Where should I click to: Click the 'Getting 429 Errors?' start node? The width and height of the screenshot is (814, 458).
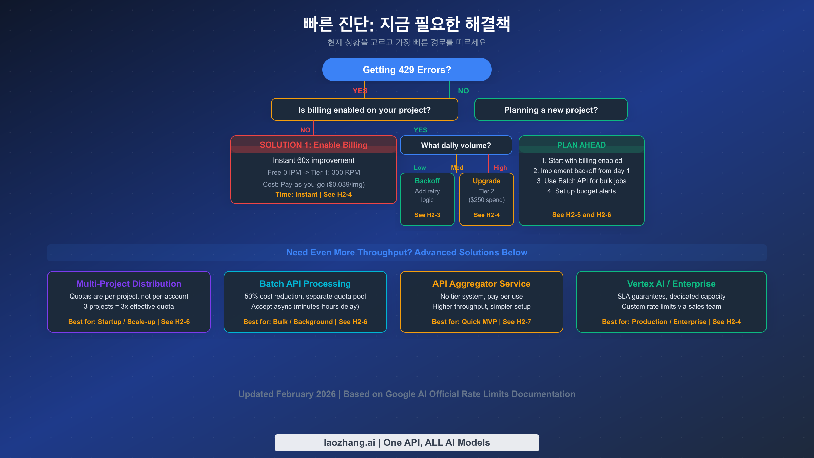(407, 70)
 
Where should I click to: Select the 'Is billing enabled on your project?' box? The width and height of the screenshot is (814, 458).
(364, 110)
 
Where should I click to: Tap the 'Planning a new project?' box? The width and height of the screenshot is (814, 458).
(551, 110)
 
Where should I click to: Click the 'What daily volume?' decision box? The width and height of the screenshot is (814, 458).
(456, 145)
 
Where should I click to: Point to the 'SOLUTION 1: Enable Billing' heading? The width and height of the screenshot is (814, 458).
(313, 145)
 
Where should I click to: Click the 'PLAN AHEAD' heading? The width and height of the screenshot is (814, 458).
(581, 145)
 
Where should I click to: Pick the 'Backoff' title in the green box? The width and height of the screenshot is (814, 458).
(427, 181)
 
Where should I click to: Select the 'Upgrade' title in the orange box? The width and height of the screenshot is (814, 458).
(486, 181)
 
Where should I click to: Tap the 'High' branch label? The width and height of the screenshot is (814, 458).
(500, 168)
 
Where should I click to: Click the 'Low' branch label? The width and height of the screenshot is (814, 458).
(420, 168)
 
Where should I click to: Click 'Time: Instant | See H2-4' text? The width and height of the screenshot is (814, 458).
(313, 194)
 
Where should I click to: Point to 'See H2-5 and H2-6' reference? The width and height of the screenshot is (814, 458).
(581, 215)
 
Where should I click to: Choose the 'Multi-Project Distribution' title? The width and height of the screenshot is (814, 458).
(129, 284)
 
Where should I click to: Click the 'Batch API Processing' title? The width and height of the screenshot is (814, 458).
(305, 284)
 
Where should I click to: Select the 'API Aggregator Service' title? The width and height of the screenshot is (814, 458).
(481, 284)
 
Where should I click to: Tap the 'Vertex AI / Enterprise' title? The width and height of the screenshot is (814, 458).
(671, 284)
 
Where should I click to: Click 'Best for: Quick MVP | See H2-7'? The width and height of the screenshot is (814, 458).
(481, 322)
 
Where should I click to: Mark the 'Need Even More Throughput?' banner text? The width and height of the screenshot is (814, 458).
(407, 252)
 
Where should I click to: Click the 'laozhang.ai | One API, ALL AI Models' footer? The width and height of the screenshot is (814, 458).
(407, 442)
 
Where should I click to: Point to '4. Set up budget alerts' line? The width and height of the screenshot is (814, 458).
(581, 191)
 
